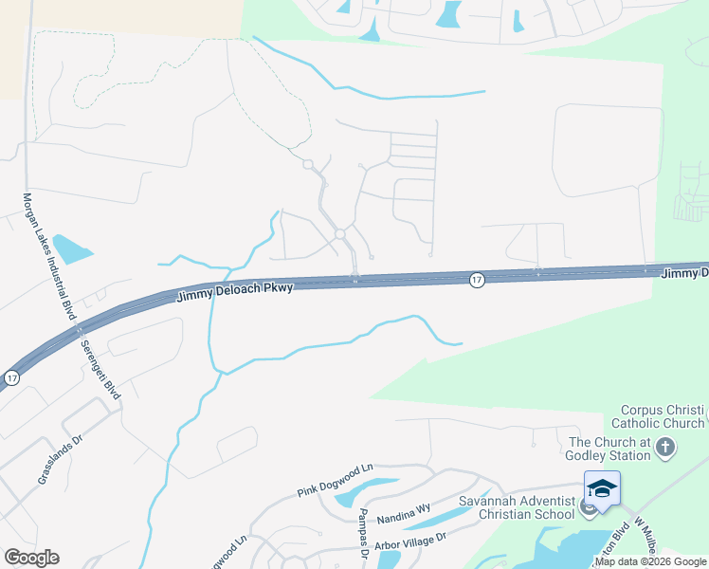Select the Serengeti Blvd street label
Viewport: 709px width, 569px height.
100,367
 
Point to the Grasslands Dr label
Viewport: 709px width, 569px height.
56,461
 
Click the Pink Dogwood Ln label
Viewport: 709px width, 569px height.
336,480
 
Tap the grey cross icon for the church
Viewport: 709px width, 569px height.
666,447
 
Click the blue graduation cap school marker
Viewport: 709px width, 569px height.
602,488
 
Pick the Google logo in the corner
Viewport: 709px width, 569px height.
31,558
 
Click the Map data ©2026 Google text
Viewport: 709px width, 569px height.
650,561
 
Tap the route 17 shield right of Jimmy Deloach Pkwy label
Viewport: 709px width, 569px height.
477,279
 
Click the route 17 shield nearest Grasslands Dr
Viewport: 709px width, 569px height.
11,377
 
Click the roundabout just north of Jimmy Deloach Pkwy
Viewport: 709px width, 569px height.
339,234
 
